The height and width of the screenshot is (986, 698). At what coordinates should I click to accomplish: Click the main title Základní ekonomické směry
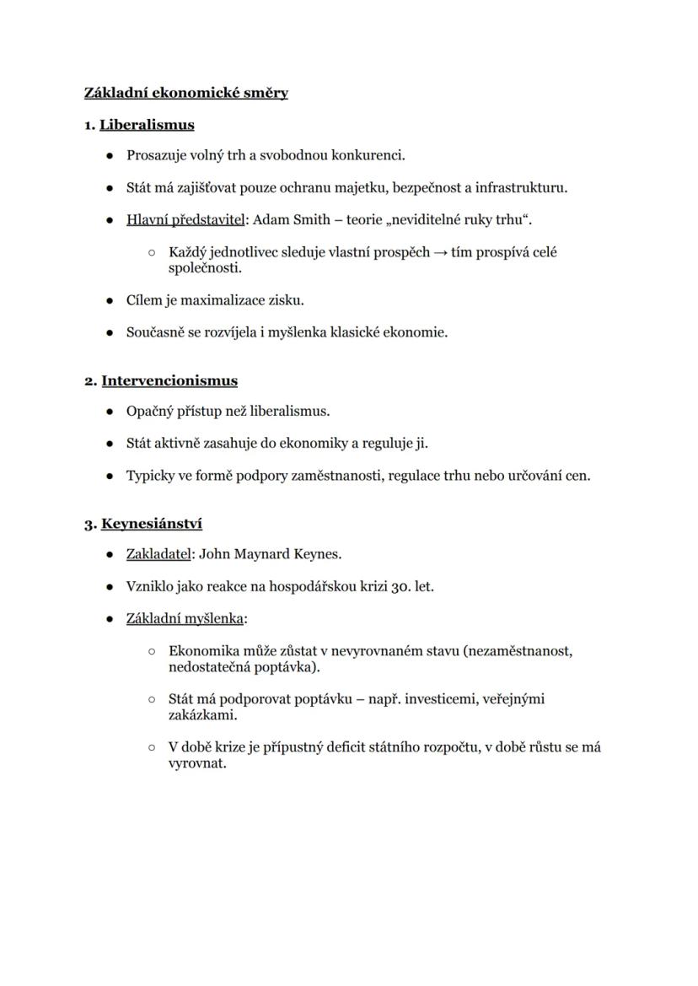[x=186, y=93]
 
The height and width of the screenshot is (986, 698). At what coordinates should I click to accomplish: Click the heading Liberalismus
[x=147, y=125]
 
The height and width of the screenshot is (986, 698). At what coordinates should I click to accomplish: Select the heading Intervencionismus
[x=169, y=380]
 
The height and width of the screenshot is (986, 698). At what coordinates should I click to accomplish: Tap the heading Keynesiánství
[x=152, y=524]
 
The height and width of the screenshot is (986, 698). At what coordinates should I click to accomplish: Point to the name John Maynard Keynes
[x=270, y=554]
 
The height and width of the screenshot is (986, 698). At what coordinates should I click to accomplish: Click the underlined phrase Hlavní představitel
[x=185, y=219]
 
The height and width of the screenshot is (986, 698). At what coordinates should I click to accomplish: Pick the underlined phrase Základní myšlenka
[x=185, y=618]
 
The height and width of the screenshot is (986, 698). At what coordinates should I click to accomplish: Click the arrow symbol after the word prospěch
[x=441, y=252]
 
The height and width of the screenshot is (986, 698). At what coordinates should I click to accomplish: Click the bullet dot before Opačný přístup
[x=110, y=412]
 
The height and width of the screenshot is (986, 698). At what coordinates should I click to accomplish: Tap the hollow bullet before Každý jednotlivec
[x=152, y=252]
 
